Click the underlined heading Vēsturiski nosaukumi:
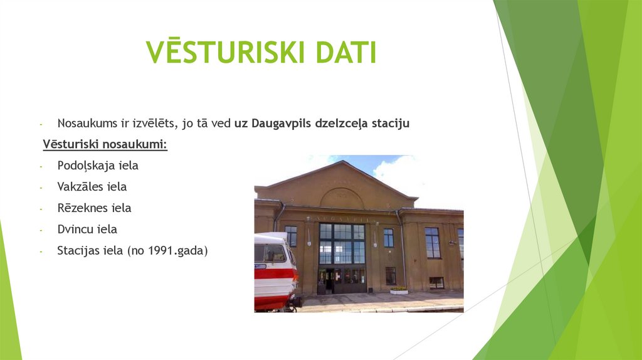105,145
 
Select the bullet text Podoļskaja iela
97,166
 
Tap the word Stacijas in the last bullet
79,250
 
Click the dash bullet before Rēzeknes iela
40,208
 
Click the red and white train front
275,273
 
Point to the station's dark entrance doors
342,280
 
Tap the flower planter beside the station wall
399,290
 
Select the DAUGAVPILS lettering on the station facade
342,218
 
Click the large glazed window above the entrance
342,243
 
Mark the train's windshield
270,253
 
